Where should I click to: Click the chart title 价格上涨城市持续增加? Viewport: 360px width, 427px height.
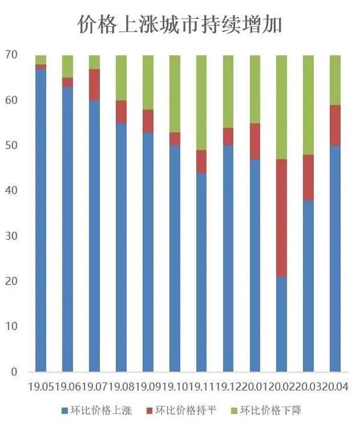coord(180,25)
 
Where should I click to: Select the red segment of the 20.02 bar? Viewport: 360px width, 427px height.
coord(281,218)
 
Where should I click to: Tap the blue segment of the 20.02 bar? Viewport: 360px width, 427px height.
coord(281,324)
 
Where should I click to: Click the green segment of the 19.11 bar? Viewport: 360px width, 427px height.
coord(202,103)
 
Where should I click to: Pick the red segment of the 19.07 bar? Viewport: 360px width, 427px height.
coord(94,85)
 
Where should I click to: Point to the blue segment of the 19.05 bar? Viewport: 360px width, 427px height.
coord(41,220)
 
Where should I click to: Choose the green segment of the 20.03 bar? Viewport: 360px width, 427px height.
coord(308,105)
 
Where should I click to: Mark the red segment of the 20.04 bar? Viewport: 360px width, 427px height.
coord(335,126)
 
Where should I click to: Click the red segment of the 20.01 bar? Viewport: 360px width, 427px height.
coord(255,141)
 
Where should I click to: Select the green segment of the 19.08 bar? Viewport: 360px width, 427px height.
coord(121,78)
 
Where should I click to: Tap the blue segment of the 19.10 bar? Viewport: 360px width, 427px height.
coord(175,259)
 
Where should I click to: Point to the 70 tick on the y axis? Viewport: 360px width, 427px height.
coord(11,55)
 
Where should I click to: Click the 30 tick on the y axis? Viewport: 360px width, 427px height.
coord(11,236)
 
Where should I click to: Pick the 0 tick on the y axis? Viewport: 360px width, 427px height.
coord(14,372)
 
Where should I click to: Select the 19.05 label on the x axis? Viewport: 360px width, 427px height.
coord(41,386)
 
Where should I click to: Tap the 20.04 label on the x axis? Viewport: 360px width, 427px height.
coord(335,386)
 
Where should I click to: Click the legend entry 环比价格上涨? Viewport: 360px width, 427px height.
coord(97,410)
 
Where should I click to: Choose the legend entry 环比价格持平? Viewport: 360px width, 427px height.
coord(181,410)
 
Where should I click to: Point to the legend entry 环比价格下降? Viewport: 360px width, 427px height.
coord(266,410)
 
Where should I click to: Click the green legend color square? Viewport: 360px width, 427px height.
coord(234,411)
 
